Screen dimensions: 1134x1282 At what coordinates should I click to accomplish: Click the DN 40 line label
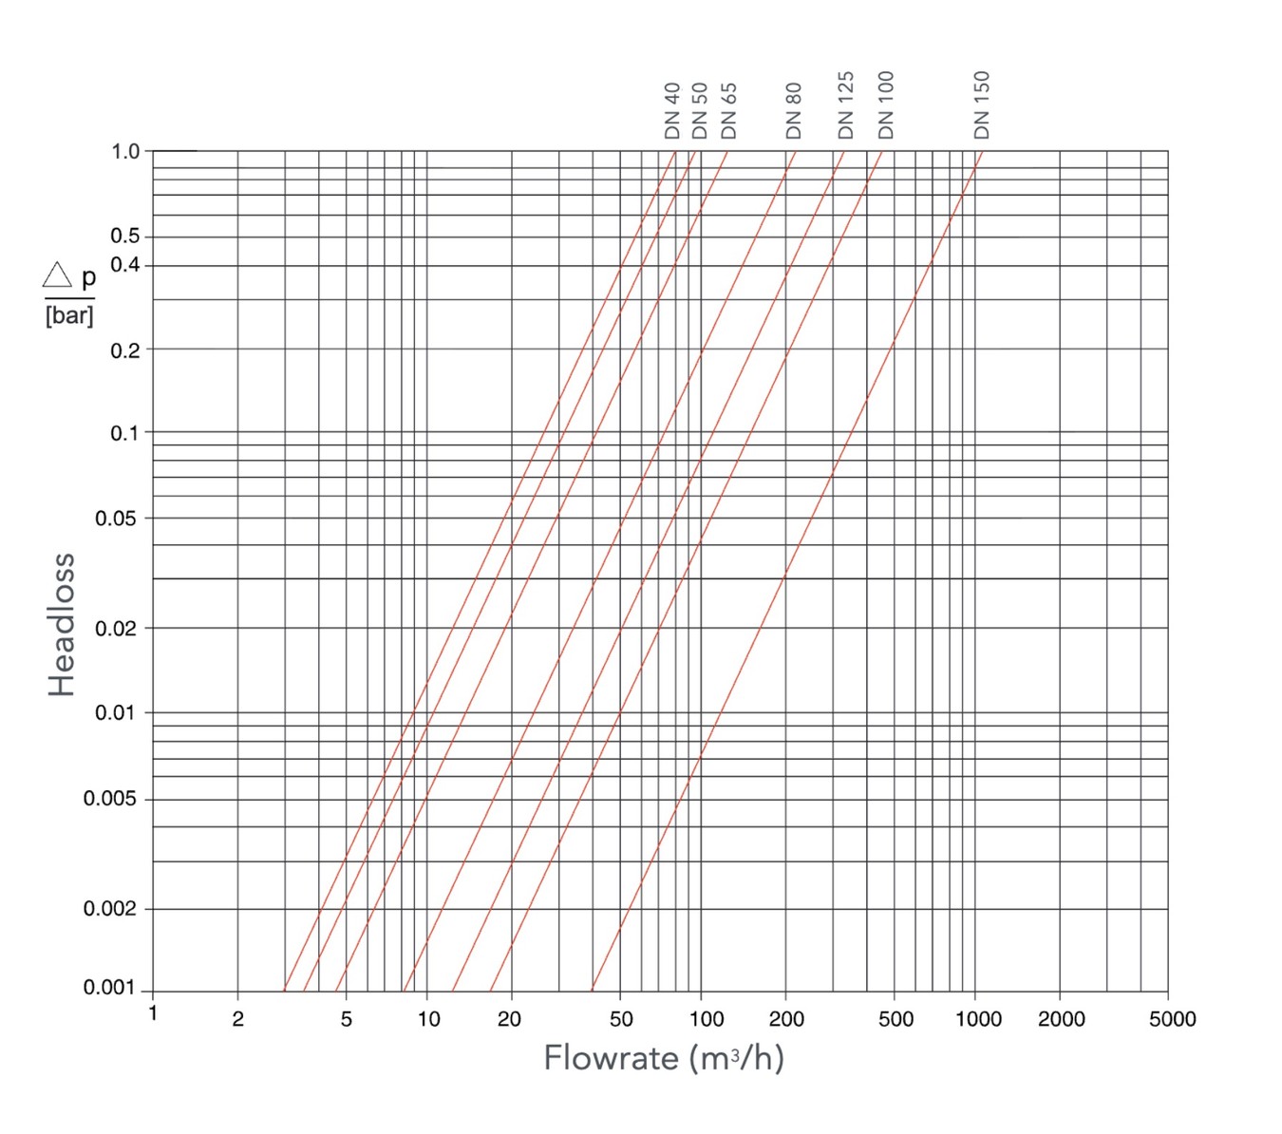(672, 110)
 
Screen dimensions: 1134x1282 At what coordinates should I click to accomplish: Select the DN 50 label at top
(700, 110)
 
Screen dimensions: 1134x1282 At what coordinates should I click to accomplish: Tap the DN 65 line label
(728, 110)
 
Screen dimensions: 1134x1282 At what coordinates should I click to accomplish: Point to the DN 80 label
(794, 110)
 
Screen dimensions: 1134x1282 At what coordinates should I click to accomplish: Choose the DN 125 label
(845, 104)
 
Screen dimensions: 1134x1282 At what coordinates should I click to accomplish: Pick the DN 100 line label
(886, 104)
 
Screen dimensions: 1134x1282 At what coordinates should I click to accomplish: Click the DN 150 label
(982, 104)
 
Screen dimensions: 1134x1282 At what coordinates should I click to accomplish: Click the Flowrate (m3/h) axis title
(664, 1057)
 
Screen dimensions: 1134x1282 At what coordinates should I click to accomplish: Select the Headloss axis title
(62, 624)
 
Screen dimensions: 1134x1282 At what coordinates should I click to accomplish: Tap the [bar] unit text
(69, 315)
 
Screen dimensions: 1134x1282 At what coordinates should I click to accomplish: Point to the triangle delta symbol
(57, 275)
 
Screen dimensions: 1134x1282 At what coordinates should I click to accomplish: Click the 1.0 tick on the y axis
(125, 151)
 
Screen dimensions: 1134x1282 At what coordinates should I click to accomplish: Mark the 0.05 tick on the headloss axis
(116, 519)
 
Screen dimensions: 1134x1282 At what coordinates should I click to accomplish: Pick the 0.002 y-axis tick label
(110, 909)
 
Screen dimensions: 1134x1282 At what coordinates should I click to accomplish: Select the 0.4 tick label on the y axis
(125, 264)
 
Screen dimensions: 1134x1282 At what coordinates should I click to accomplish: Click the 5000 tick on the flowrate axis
(1172, 1019)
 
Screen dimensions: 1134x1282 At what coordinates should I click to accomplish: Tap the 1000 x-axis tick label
(978, 1019)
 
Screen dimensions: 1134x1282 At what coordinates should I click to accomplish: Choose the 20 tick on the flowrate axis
(510, 1019)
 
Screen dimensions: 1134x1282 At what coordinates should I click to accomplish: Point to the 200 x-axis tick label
(786, 1019)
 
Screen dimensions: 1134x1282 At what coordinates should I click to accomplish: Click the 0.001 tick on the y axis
(110, 988)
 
